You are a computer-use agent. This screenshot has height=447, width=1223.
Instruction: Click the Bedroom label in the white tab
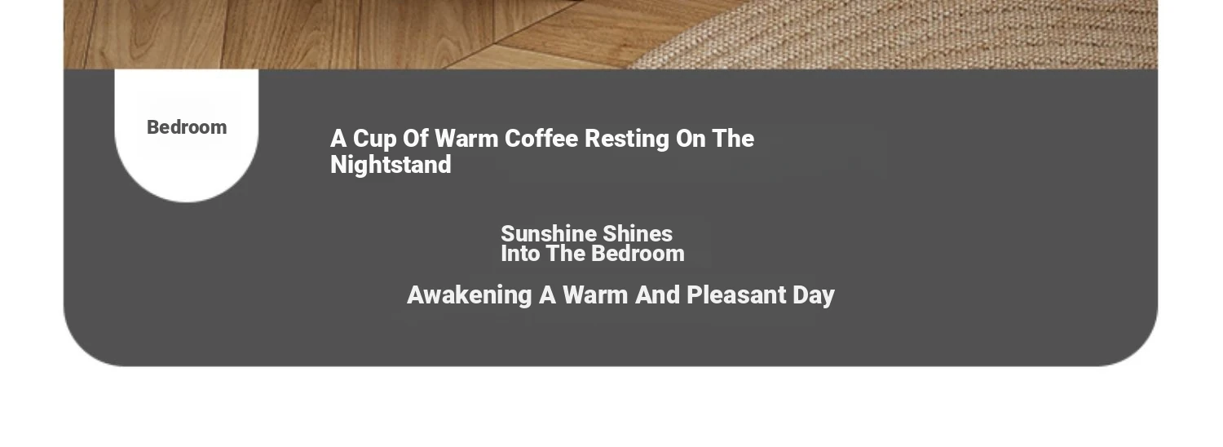tap(187, 127)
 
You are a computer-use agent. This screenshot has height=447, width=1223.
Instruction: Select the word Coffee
tap(541, 138)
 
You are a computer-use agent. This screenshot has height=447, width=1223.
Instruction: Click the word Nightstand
tap(391, 165)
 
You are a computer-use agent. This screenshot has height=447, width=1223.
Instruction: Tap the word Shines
tap(637, 233)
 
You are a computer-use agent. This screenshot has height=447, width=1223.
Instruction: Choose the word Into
tap(520, 254)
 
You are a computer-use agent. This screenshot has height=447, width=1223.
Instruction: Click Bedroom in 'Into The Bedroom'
tap(638, 254)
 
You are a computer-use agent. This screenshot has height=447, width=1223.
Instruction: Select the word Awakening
tap(470, 295)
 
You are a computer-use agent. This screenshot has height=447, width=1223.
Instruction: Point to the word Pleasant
tap(736, 295)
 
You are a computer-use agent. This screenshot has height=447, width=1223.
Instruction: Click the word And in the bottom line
tap(658, 295)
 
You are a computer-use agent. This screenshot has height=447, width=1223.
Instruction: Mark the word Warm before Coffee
tap(467, 138)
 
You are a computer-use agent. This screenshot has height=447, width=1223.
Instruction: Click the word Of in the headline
tap(416, 138)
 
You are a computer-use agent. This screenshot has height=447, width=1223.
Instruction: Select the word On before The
tap(691, 138)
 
